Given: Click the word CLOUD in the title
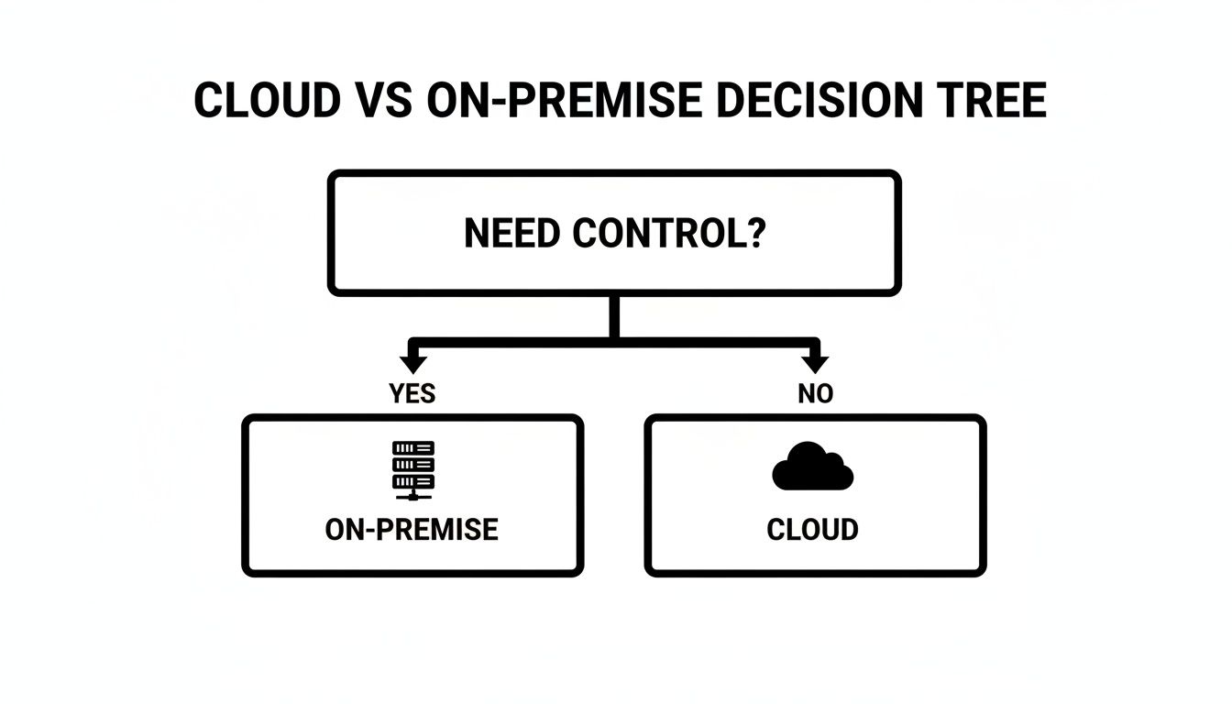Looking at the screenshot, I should point(267,102).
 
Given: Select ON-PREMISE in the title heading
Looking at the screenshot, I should point(567,102).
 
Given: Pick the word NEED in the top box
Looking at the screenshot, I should point(513,234).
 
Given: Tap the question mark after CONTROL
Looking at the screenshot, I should point(754,234).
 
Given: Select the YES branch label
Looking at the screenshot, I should point(412,393).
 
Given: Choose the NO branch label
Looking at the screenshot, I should point(815,393).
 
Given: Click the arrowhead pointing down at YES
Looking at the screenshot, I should point(412,363).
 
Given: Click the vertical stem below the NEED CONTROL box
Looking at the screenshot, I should point(614,316).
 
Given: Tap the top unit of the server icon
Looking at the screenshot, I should point(412,448).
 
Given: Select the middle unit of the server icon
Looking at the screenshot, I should point(412,465).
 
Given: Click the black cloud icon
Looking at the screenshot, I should point(812,467).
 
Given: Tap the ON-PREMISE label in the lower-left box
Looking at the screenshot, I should point(412,529).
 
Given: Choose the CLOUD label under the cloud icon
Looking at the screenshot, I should point(812,529).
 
